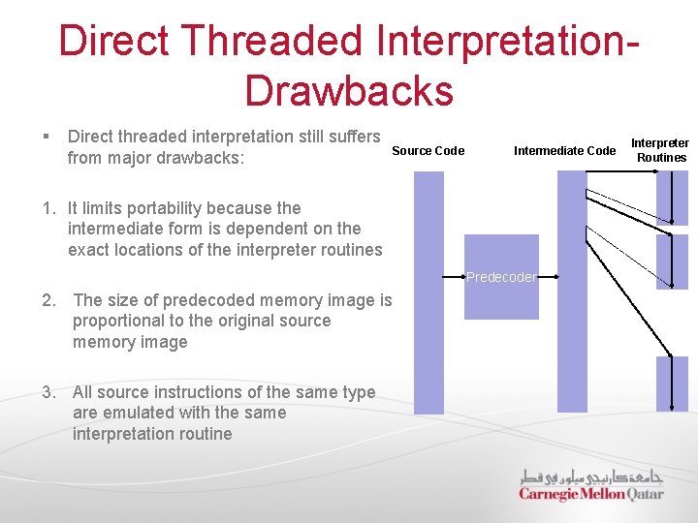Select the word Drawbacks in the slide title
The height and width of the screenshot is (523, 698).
point(349,90)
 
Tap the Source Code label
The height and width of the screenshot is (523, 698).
point(428,150)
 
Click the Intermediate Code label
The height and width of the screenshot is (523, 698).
point(564,150)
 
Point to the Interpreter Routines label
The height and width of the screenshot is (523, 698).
point(660,150)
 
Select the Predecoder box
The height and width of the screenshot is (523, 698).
point(501,277)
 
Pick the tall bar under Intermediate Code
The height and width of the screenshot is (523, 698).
point(572,291)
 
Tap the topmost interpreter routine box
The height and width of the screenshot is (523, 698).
point(672,198)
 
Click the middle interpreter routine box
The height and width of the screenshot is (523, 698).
point(672,262)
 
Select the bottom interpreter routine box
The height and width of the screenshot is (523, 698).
point(672,384)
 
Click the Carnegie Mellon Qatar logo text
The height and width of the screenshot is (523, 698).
point(590,494)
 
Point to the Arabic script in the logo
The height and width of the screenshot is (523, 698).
point(590,476)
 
